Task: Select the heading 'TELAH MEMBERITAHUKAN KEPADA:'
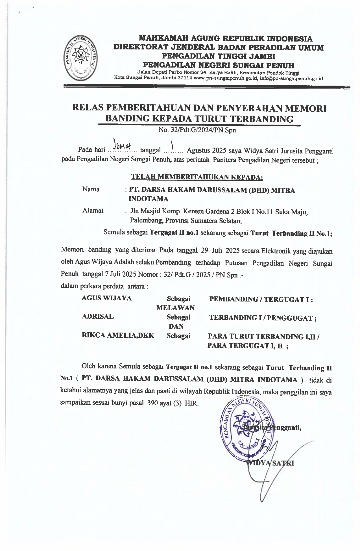coord(197,177)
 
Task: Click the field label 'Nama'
coord(91,189)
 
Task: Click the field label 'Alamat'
coord(93,211)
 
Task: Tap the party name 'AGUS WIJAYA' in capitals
coord(106,298)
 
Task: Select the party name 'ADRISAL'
coord(98,316)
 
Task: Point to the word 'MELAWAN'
coord(175,307)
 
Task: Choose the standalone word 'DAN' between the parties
coord(176,326)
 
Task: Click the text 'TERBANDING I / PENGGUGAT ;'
coord(263,318)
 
